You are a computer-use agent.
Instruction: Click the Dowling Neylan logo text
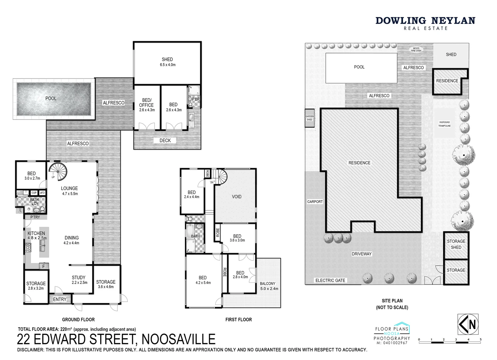click(425, 21)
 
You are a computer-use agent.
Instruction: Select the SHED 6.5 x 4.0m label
click(167, 62)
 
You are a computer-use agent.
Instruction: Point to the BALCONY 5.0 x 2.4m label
click(268, 286)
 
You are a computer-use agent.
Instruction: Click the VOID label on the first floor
click(237, 197)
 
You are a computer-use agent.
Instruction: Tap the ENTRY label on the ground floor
click(60, 299)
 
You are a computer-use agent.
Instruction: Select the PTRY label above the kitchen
click(35, 217)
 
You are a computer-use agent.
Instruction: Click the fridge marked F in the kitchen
click(43, 266)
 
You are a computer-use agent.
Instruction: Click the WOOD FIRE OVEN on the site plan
click(416, 50)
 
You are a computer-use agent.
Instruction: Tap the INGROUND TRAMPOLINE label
click(444, 124)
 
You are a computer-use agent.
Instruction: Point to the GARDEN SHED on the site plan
click(309, 118)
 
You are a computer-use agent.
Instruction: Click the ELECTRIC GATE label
click(330, 280)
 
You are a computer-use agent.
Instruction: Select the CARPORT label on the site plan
click(315, 202)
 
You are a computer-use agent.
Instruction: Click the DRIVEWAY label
click(361, 254)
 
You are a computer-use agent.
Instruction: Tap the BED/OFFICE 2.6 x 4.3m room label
click(147, 105)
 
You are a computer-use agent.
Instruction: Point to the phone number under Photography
click(392, 343)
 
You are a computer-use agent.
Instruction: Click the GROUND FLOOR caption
click(78, 320)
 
